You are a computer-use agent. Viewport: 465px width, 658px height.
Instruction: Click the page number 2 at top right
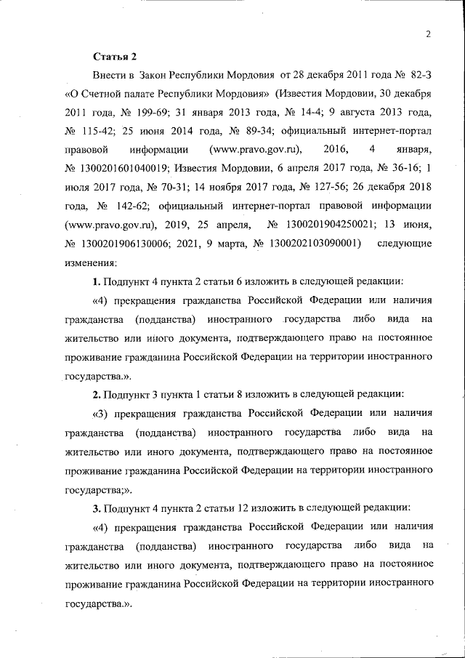pos(429,34)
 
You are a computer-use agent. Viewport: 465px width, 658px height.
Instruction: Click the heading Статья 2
pos(114,56)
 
